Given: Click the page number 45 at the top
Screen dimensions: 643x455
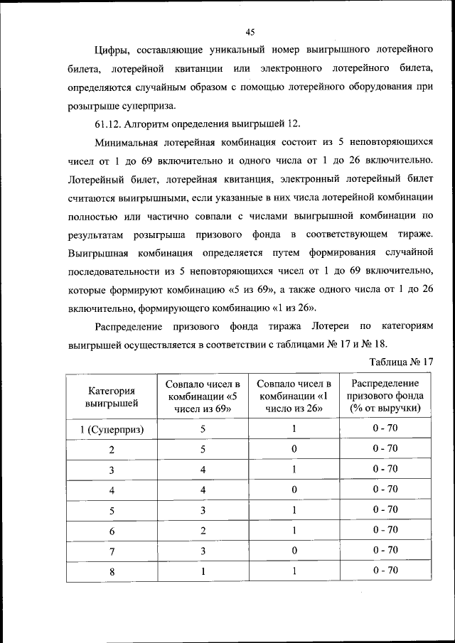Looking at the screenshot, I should pyautogui.click(x=250, y=31).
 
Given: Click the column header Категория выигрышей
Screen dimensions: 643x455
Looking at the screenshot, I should pyautogui.click(x=112, y=396).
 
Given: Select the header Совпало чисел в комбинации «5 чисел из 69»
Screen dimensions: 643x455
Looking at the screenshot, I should pyautogui.click(x=203, y=396).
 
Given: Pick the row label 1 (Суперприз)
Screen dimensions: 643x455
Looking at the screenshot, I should pyautogui.click(x=112, y=430).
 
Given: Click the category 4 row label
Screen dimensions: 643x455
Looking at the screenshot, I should pyautogui.click(x=112, y=490).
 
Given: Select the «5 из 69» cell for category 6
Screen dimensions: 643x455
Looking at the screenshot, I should pyautogui.click(x=203, y=530).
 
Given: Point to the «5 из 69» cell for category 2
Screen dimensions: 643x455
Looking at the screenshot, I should pyautogui.click(x=203, y=450).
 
